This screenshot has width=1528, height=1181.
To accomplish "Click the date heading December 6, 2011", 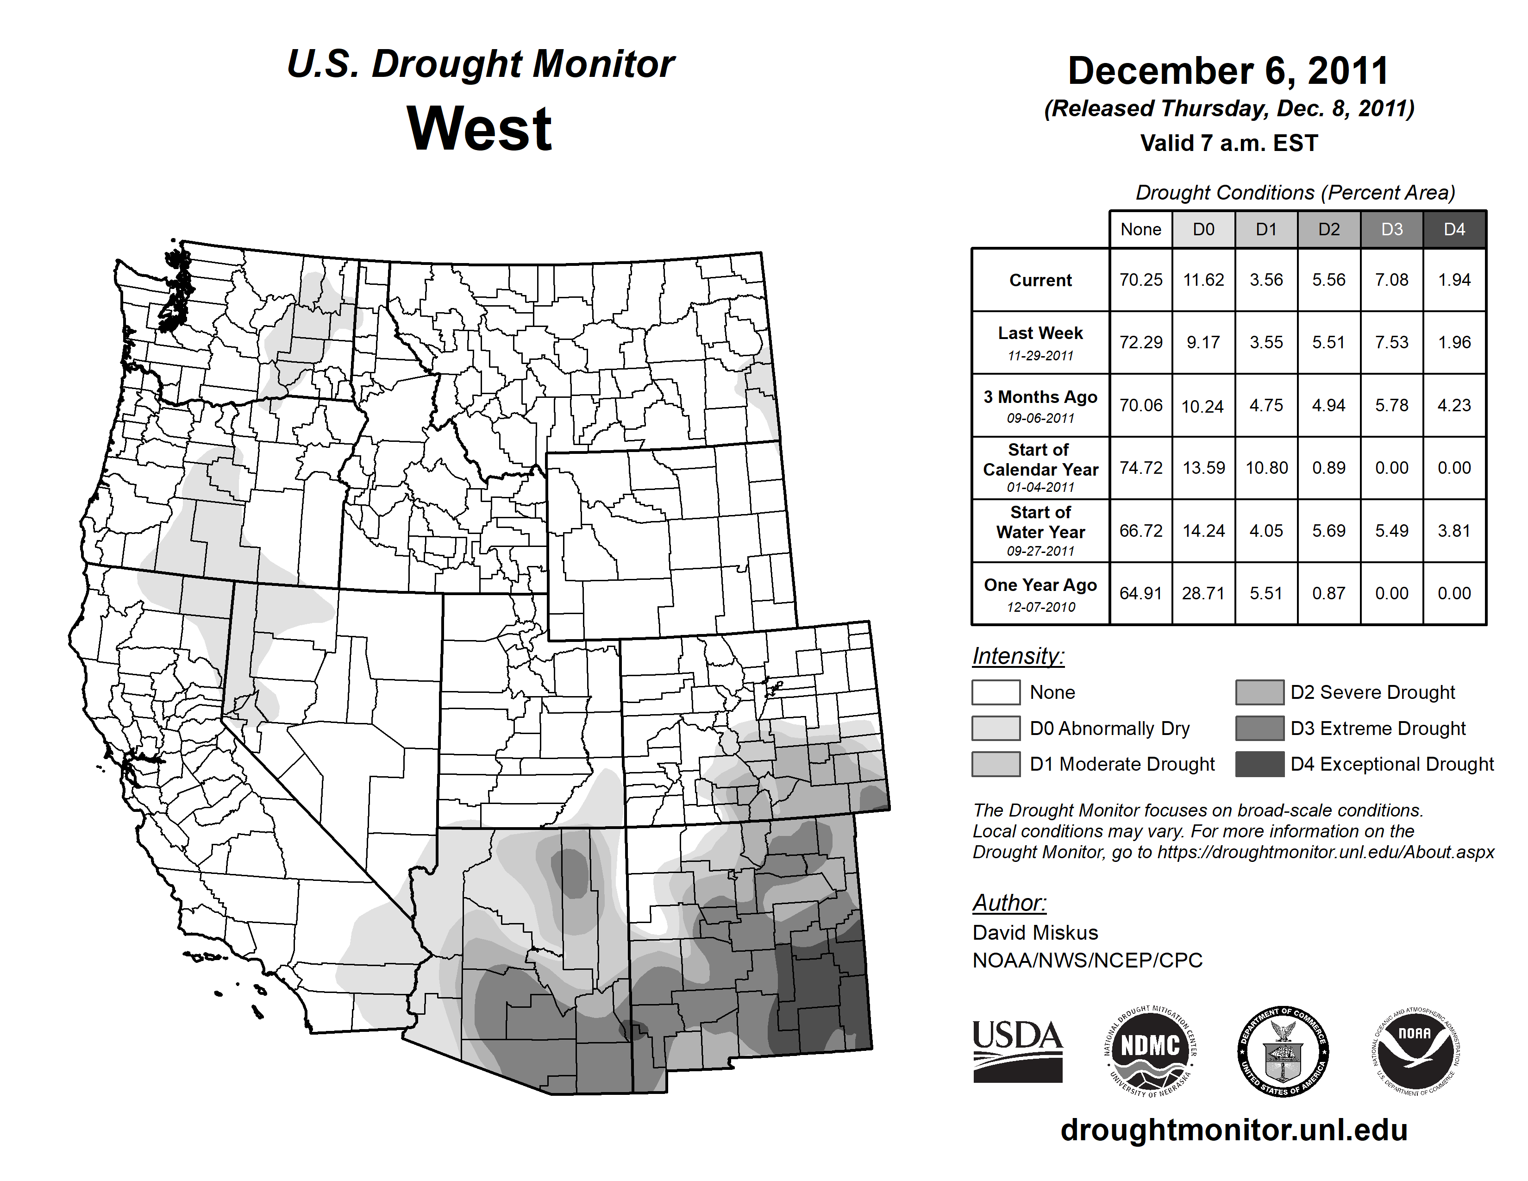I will [1228, 71].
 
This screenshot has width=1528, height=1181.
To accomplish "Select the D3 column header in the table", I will [1391, 229].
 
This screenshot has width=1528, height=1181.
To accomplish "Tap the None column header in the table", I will [1140, 229].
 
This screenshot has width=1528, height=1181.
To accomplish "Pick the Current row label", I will [1040, 281].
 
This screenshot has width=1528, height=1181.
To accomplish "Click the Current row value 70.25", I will [1140, 280].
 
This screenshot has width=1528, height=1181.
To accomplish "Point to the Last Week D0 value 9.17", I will [1203, 343].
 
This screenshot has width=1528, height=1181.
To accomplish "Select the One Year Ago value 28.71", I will [1203, 593].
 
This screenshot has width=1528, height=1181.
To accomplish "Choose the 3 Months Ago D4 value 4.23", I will [1454, 405].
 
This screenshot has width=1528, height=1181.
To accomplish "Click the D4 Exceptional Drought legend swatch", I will [1259, 764].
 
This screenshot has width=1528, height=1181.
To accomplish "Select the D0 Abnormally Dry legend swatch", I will [996, 729].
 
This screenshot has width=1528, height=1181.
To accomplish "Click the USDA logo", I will [1017, 1051].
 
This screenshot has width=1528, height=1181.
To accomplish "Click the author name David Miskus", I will [1035, 933].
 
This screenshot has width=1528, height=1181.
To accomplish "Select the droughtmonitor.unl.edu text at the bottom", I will [1234, 1130].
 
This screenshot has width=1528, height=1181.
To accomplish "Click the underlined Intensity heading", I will [1018, 656].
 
